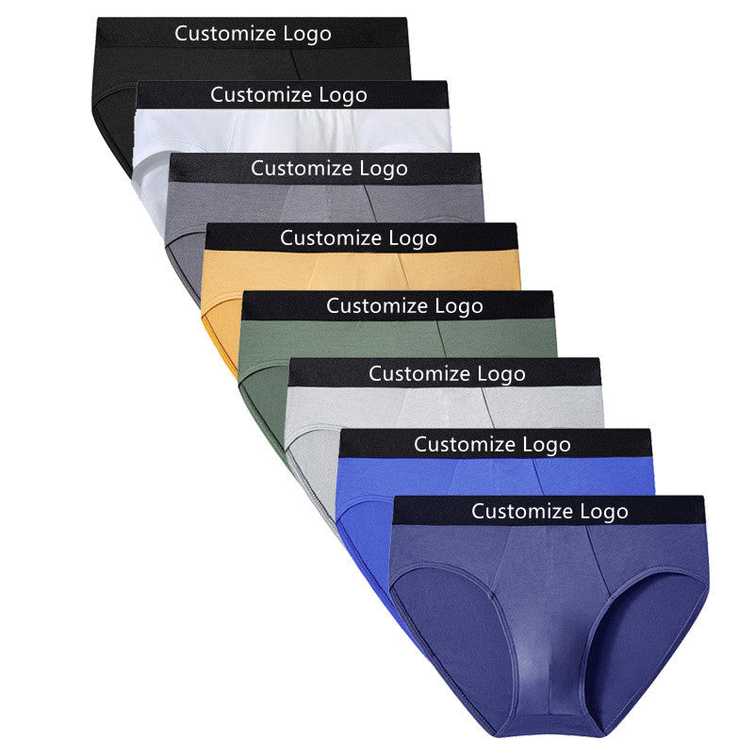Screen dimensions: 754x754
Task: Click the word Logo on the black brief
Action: [x=306, y=34]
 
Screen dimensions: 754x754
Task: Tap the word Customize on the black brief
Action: [x=226, y=34]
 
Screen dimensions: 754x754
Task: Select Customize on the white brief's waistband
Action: [x=262, y=94]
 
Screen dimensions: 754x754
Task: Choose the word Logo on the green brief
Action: [x=458, y=306]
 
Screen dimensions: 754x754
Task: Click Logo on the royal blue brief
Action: [x=546, y=444]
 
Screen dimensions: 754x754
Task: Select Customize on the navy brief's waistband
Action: [x=523, y=512]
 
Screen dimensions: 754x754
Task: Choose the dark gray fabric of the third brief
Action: [x=245, y=203]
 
